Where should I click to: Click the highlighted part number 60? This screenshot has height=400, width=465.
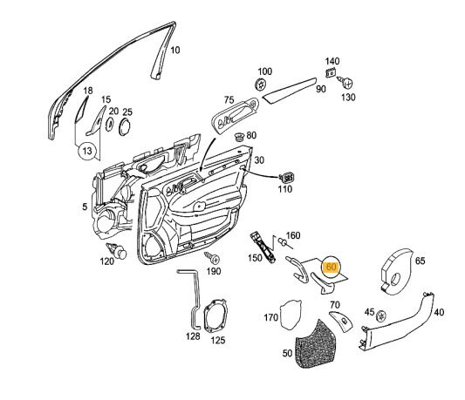[x=332, y=268]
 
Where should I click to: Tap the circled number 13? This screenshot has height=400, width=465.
[x=87, y=152]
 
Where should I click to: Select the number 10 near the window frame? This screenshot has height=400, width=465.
[x=174, y=51]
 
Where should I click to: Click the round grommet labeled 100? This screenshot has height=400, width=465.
[x=261, y=85]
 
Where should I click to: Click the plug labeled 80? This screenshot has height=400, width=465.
[x=239, y=138]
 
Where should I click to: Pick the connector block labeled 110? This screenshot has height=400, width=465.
[x=285, y=178]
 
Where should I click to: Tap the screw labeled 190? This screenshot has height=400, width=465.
[x=210, y=258]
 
